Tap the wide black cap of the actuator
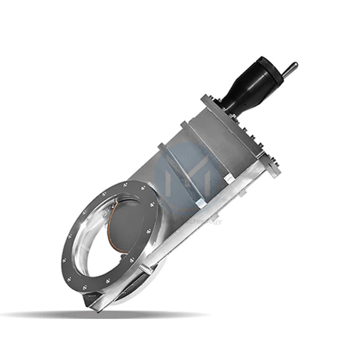(265, 71)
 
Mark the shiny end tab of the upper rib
(229, 178)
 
